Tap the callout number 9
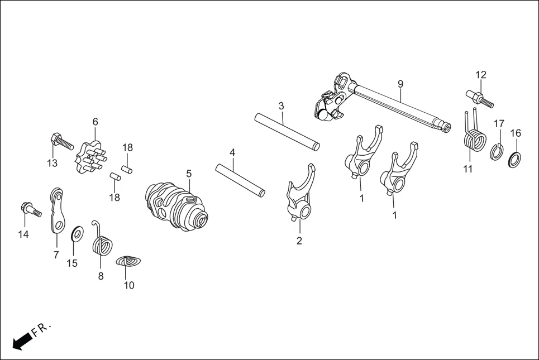400,84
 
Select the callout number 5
189,174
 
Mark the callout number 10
129,285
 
